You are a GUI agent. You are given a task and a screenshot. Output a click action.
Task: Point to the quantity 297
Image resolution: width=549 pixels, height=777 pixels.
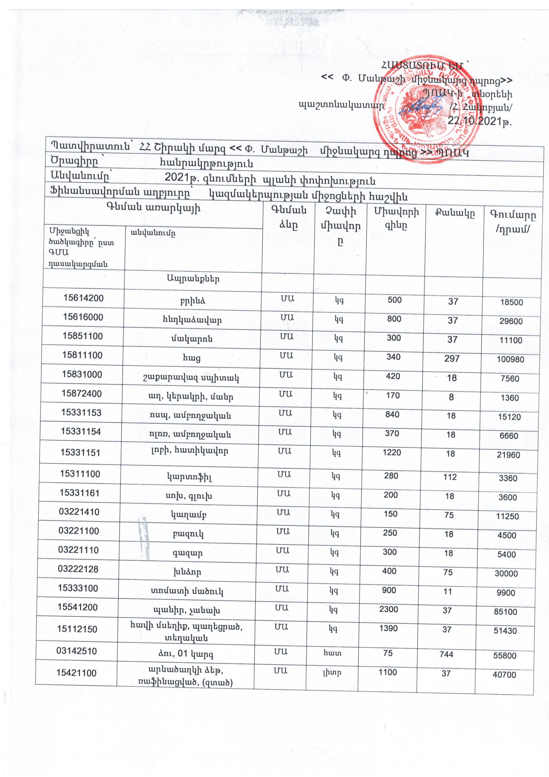(x=452, y=358)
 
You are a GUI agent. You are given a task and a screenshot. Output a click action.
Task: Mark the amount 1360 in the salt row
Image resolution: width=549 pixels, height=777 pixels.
(x=510, y=398)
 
